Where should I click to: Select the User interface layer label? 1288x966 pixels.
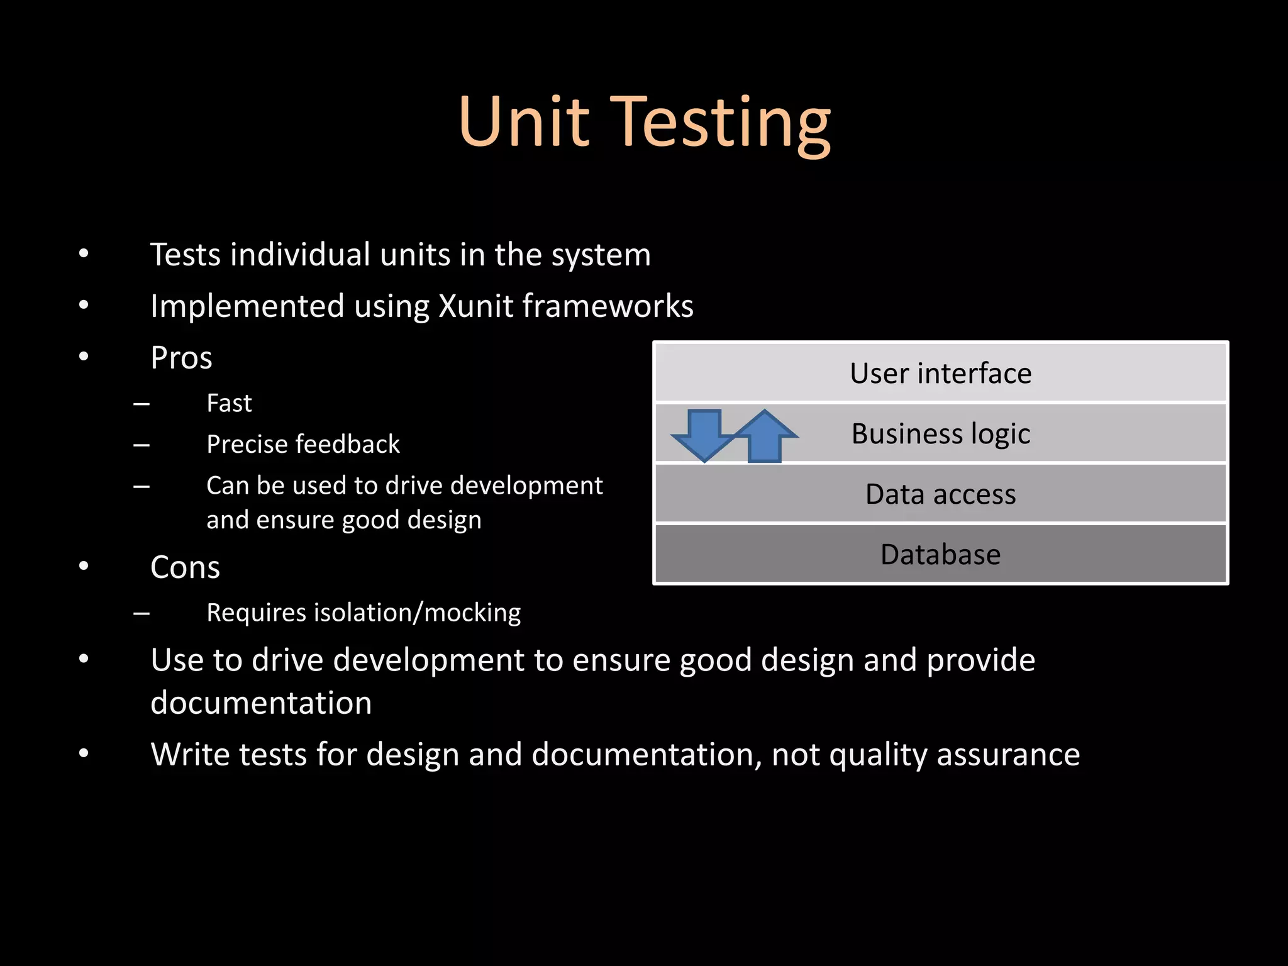coord(940,373)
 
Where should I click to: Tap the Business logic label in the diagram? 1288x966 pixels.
coord(940,433)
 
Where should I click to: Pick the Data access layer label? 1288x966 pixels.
coord(940,494)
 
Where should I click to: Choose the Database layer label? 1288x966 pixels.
coord(940,554)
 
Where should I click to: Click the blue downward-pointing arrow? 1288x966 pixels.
coord(704,434)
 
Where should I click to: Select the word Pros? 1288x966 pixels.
coord(181,358)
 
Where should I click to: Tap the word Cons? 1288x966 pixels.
coord(185,567)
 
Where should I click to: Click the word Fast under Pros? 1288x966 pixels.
coord(229,403)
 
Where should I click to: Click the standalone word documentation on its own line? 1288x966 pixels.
coord(261,702)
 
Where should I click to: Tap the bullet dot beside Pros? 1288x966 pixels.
coord(84,357)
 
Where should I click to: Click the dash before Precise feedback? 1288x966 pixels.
coord(142,445)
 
